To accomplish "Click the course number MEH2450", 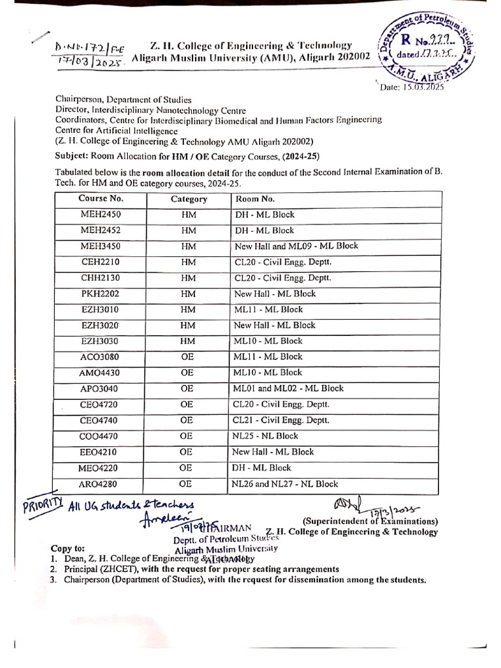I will pos(100,215).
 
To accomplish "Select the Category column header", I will pos(189,199).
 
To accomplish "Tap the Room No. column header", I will pos(256,199).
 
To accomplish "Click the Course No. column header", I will pos(100,198).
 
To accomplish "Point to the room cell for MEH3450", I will pos(296,246).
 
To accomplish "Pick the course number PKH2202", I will pos(100,294).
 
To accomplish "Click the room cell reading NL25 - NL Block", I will pos(265,436).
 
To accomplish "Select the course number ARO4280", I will pos(100,484).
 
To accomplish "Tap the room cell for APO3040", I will pos(288,389).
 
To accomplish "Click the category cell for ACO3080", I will pos(187,357).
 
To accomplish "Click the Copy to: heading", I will pos(68,549).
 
